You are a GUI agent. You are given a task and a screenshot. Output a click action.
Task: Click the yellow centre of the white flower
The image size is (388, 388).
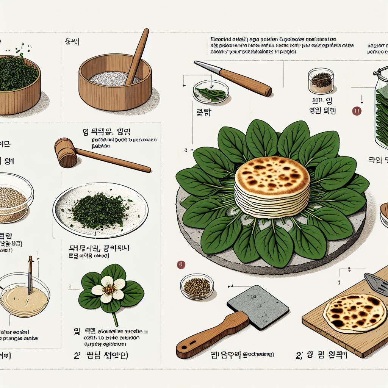(x=109, y=289)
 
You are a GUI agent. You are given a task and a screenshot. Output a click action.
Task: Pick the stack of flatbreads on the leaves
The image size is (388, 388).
(x=272, y=186)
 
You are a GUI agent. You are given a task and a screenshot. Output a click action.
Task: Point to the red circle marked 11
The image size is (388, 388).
(x=357, y=111)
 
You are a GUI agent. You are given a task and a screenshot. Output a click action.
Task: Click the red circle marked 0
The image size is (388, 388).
(x=181, y=265)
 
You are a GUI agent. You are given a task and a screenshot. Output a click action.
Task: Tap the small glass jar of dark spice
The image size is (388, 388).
(x=321, y=81)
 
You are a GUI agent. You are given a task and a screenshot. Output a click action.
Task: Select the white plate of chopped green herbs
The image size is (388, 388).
(x=100, y=209)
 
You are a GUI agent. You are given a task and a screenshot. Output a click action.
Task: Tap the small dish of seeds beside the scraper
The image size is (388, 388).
(x=197, y=287)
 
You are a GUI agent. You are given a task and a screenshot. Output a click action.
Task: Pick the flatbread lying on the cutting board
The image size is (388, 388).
(x=354, y=313)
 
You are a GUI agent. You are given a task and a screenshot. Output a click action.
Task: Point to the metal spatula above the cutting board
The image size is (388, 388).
(x=377, y=282)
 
